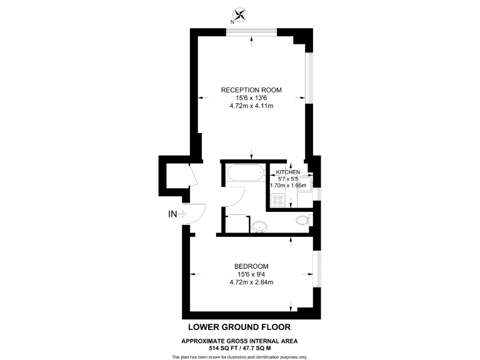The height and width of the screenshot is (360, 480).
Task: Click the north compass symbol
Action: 239,15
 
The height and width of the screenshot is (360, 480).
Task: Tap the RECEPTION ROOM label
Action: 251,90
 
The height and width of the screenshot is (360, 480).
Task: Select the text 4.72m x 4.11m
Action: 251,106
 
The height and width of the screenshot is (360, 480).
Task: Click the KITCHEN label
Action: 288,172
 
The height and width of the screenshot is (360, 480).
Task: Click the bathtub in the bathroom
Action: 244,173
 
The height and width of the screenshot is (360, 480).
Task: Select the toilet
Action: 304,219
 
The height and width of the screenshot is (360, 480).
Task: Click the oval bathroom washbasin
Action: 260,226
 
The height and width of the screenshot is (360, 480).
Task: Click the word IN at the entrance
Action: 172,214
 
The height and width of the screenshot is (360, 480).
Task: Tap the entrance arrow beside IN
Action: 183,214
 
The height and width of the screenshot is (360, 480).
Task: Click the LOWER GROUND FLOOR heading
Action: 239,327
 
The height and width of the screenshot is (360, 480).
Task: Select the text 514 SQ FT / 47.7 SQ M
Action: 239,347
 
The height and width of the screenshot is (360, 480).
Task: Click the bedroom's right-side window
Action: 317,272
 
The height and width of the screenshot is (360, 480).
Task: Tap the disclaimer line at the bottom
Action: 239,356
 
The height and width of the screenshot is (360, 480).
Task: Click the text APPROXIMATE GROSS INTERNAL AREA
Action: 239,341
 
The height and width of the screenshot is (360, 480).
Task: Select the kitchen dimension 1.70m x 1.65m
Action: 288,186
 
